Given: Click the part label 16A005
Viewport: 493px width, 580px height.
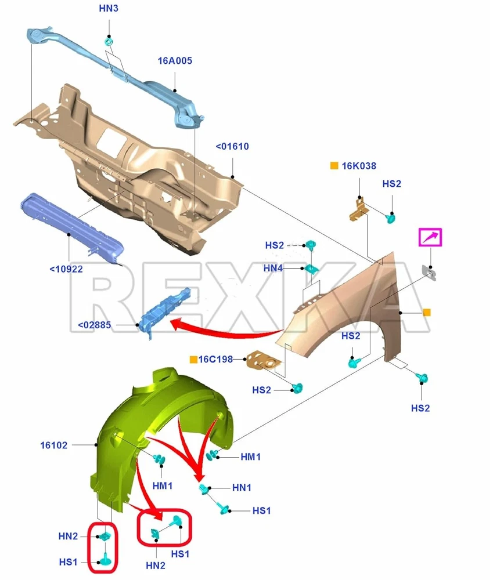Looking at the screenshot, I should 175,60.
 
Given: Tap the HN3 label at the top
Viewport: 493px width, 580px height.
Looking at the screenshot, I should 108,9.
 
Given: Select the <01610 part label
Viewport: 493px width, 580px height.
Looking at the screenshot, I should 232,146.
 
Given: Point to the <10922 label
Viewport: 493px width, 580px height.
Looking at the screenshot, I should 66,269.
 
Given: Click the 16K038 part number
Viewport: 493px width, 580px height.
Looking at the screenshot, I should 358,166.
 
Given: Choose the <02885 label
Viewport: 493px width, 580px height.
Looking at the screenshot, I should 94,325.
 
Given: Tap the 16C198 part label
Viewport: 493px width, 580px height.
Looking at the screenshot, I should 215,360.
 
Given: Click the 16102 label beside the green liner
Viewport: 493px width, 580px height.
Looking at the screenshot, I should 54,445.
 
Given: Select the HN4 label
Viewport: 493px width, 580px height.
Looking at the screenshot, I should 273,268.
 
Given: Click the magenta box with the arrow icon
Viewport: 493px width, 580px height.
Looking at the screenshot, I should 431,238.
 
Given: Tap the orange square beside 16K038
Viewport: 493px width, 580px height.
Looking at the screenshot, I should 334,166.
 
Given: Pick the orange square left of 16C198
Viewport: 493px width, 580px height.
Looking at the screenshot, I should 193,360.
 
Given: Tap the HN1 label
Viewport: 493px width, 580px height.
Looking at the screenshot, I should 242,488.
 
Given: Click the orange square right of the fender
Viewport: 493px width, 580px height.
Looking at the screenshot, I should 426,313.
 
